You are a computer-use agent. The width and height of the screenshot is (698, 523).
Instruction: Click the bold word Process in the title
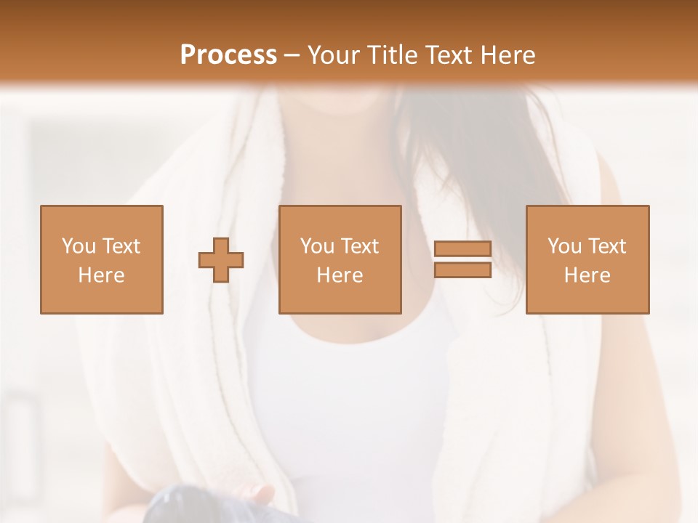tap(228, 55)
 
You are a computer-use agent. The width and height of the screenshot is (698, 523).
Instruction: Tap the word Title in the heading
tap(391, 55)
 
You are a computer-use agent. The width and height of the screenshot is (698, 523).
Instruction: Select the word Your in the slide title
tap(335, 55)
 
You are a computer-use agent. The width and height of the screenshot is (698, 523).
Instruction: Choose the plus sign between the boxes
tap(221, 259)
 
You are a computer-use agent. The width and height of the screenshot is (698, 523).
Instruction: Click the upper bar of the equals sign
tap(462, 249)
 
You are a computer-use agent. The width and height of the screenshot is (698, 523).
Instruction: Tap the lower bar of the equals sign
tap(462, 269)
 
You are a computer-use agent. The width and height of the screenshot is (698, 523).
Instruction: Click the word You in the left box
tap(78, 246)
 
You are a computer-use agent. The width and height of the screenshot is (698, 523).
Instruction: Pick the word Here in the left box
tap(101, 275)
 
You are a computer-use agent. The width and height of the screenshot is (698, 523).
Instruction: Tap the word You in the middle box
tap(317, 246)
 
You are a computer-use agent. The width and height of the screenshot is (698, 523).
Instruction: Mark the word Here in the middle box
tap(340, 275)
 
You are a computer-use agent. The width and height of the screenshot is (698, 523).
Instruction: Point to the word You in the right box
tap(564, 246)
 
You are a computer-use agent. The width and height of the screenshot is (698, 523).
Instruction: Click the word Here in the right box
tap(587, 275)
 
